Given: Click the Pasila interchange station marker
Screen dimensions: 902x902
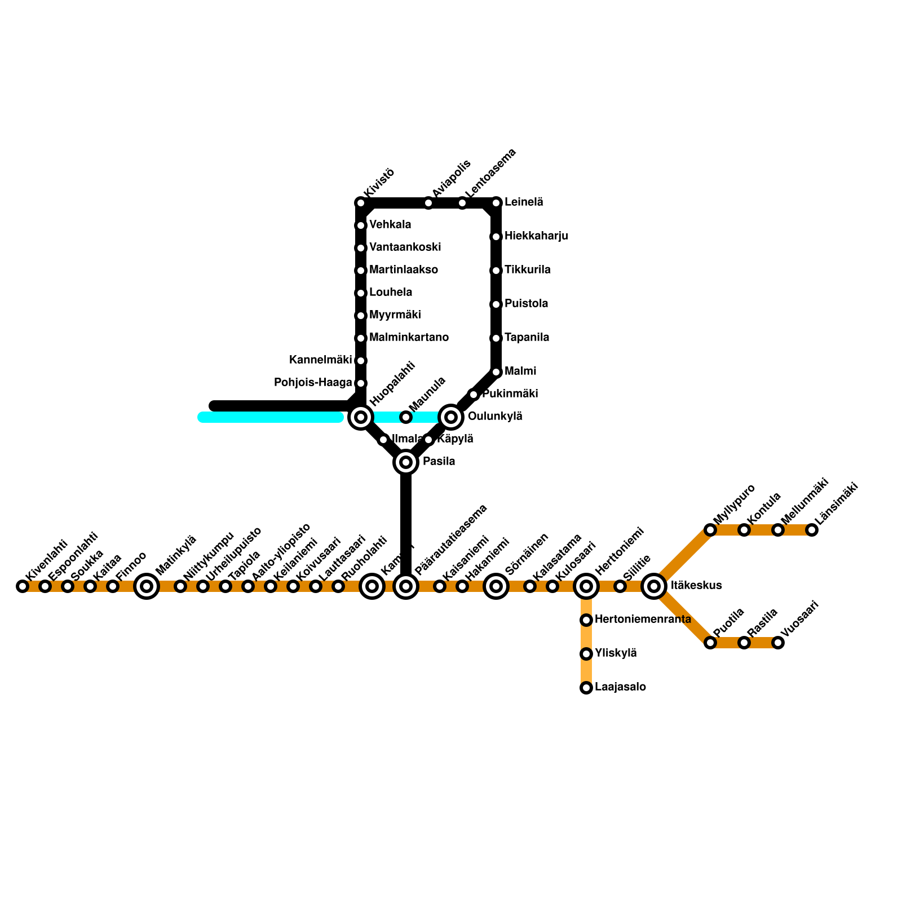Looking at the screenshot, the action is tap(406, 462).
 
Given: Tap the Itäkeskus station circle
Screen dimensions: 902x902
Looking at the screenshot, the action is tap(654, 586).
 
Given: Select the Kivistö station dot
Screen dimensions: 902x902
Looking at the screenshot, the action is tap(361, 203).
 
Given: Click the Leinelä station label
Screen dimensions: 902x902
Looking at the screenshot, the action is tap(524, 202).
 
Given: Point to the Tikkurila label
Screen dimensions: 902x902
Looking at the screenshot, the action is tap(527, 270).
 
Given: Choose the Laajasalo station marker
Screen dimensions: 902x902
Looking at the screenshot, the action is tap(586, 688).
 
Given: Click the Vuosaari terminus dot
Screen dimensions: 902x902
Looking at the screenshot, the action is tap(778, 643).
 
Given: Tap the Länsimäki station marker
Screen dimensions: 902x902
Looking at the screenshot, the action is tap(812, 530).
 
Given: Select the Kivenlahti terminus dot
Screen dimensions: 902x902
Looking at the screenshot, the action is tap(23, 586).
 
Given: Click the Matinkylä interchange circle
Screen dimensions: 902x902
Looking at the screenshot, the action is tap(147, 586).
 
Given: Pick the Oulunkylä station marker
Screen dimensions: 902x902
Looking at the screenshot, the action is tap(451, 417).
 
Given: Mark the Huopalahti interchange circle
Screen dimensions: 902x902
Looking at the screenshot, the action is tap(361, 417).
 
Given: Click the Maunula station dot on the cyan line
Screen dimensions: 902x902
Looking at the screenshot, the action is tap(406, 417).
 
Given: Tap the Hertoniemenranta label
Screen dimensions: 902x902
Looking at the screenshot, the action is tap(643, 620).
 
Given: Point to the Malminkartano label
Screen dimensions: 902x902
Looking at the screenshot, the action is tap(409, 338).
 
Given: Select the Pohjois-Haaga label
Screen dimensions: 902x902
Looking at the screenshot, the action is tap(313, 383).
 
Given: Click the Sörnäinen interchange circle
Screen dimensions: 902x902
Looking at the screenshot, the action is tap(496, 586).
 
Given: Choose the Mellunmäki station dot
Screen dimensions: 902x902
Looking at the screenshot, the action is tap(778, 530).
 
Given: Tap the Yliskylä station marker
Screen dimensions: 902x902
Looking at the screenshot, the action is tap(586, 654).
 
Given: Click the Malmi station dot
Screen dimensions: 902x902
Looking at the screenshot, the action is tap(496, 372).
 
